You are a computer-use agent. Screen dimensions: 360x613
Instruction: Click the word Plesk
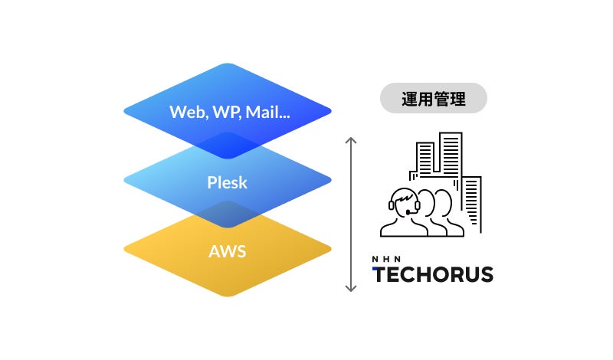point(228,182)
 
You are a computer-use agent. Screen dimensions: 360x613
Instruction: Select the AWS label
point(228,251)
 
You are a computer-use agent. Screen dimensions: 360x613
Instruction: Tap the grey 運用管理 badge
point(434,98)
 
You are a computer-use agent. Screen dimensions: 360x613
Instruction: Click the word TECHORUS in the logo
point(433,274)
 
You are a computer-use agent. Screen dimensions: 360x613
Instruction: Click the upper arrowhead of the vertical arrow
point(351,140)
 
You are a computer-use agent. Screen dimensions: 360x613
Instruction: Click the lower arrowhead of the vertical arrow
point(351,289)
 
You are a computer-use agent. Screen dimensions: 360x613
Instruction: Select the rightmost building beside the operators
point(472,201)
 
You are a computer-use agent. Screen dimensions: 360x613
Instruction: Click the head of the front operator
point(404,201)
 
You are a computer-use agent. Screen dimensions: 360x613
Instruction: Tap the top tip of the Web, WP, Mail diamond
point(228,64)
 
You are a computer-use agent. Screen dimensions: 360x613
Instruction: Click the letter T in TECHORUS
point(380,274)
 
